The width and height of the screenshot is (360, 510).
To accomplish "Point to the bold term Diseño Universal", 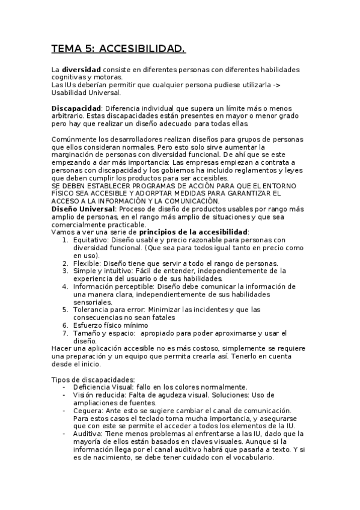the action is coord(83,208).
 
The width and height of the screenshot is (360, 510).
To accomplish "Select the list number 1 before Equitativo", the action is coord(66,239).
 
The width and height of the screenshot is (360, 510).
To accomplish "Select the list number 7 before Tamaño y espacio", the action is coord(66,333).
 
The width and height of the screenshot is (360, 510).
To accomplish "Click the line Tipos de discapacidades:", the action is coord(93,379).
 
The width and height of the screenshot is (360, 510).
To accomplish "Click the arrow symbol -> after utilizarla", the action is coord(276,85).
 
